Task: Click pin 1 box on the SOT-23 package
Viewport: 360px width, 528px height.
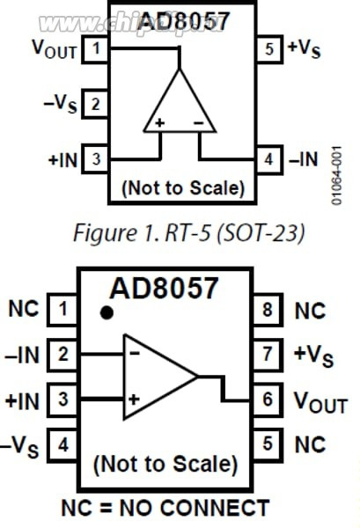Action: point(94,49)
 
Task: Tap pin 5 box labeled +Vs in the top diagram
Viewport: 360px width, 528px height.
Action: point(268,49)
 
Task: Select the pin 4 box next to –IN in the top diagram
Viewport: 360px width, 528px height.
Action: point(268,160)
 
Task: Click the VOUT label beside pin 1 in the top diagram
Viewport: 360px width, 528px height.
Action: point(55,49)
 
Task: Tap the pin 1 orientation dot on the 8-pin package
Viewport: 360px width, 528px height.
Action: point(107,312)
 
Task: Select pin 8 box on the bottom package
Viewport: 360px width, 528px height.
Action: point(267,310)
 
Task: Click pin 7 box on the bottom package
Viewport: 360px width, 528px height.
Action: point(267,355)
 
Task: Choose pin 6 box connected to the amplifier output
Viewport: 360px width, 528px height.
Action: point(267,400)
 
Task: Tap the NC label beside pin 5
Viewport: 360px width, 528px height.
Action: point(310,445)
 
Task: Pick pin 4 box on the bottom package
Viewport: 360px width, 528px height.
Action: point(62,445)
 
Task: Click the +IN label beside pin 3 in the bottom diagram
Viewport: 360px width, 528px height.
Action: point(23,400)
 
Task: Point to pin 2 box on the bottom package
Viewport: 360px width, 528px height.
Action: point(62,355)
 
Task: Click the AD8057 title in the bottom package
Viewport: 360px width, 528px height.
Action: point(164,288)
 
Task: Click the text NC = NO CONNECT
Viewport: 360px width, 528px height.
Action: point(165,508)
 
